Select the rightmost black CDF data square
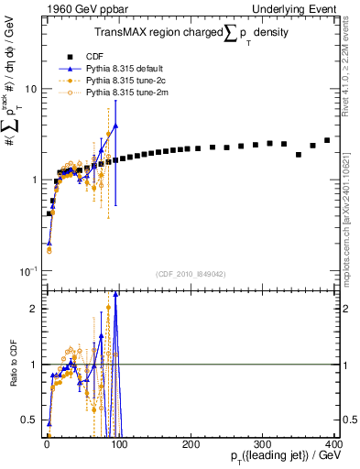328,140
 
